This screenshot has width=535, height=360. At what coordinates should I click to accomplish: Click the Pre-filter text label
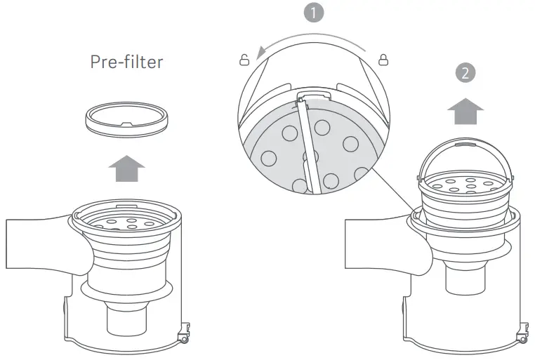click(126, 62)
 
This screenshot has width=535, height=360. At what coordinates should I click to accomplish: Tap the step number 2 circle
click(464, 72)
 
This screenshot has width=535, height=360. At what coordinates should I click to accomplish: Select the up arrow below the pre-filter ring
click(126, 169)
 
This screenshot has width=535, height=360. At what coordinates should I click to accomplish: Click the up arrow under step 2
click(465, 109)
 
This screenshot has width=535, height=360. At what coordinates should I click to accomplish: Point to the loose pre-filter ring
click(126, 121)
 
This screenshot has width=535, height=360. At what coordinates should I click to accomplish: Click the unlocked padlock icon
click(244, 60)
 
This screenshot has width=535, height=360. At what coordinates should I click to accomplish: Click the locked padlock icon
click(383, 60)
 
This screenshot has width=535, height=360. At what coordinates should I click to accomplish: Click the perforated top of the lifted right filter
click(464, 185)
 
